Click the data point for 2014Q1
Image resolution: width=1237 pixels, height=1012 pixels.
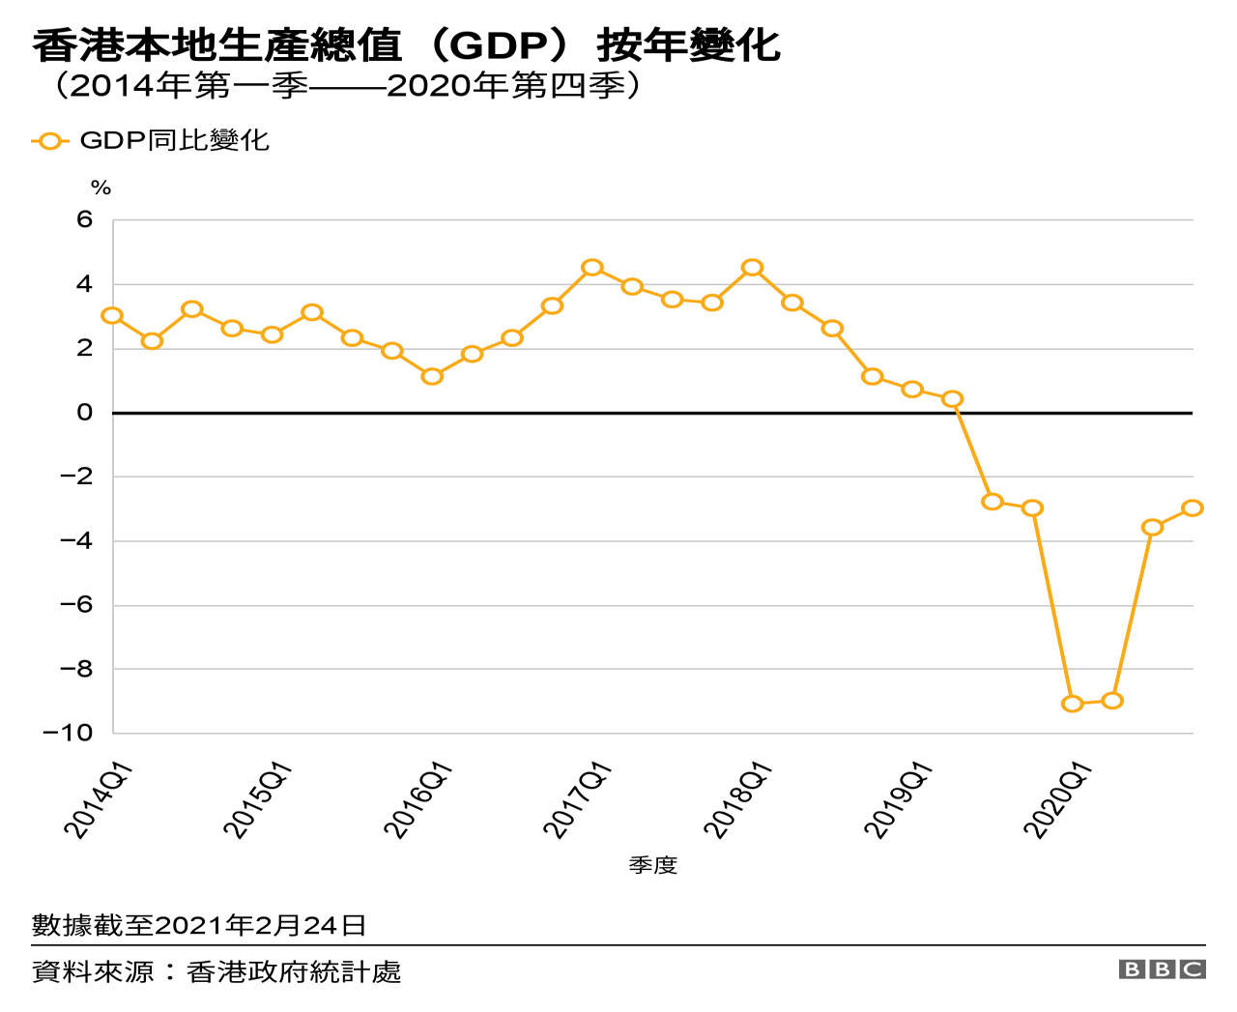pyautogui.click(x=112, y=316)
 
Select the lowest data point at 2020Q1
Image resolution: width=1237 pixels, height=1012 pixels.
pyautogui.click(x=1072, y=704)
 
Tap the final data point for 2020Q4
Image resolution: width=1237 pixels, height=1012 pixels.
pyautogui.click(x=1193, y=507)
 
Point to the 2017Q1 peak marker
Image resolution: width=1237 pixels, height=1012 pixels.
pyautogui.click(x=592, y=268)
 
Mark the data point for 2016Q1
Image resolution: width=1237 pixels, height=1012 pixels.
pyautogui.click(x=432, y=376)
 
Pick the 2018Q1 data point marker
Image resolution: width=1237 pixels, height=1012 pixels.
pyautogui.click(x=752, y=268)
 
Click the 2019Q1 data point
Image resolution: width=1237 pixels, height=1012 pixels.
pyautogui.click(x=912, y=390)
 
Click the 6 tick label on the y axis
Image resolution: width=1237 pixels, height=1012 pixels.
pyautogui.click(x=85, y=219)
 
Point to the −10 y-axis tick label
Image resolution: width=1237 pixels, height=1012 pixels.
pyautogui.click(x=68, y=733)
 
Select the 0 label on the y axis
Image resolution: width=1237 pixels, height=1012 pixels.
pyautogui.click(x=85, y=413)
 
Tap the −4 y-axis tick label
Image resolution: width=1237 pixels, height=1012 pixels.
pyautogui.click(x=75, y=541)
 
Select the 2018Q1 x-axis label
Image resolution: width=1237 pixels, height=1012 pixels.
pyautogui.click(x=736, y=799)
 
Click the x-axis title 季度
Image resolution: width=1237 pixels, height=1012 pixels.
pyautogui.click(x=653, y=865)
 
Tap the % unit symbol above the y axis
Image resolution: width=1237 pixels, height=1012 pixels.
pyautogui.click(x=101, y=188)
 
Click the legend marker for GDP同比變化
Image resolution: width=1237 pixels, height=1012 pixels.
pyautogui.click(x=49, y=141)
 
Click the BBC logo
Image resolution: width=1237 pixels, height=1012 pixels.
pyautogui.click(x=1162, y=969)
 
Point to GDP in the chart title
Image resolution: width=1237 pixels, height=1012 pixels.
pyautogui.click(x=497, y=45)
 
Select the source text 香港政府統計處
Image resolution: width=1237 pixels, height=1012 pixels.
pyautogui.click(x=294, y=971)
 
